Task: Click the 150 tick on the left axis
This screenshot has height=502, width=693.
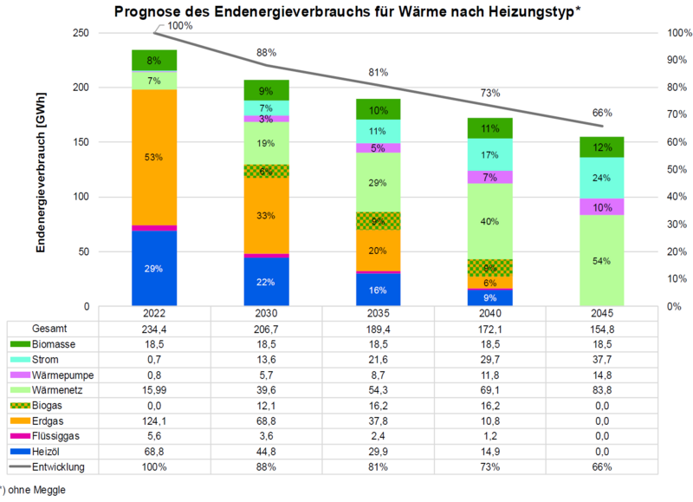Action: pos(81,142)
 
